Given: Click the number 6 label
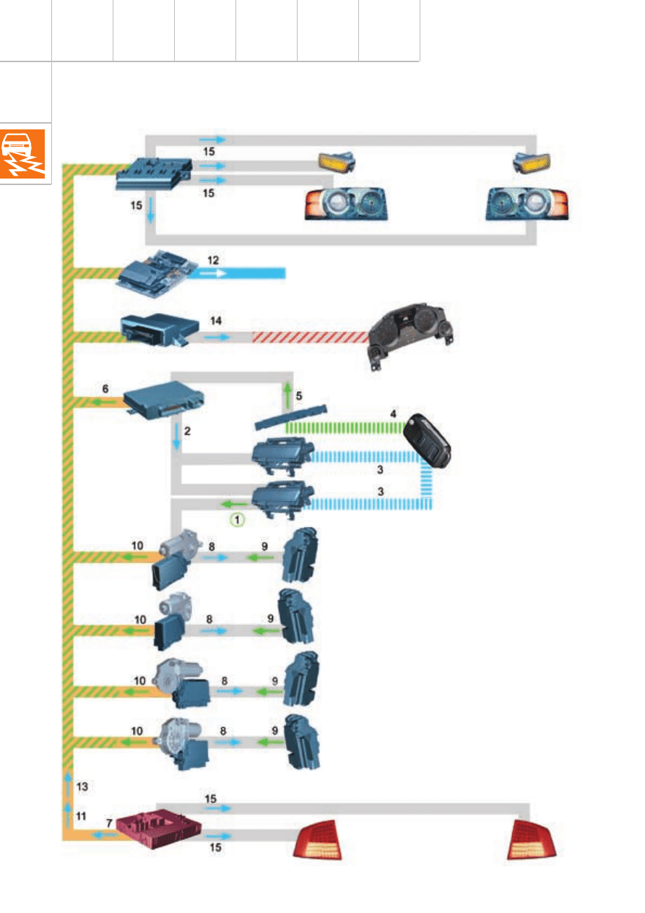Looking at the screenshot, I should [x=105, y=388].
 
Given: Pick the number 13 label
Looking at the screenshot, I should [x=82, y=785].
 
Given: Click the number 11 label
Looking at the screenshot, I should [x=82, y=815].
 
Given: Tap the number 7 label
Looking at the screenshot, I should [x=109, y=823].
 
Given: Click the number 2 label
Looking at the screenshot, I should [x=186, y=432].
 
